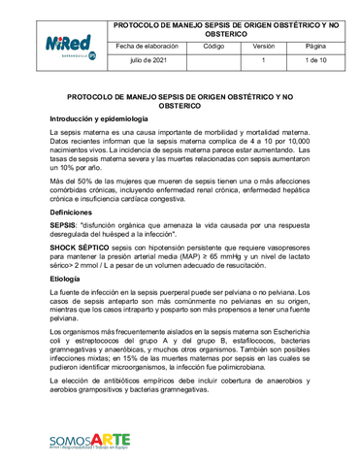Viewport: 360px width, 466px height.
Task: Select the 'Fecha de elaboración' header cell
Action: [x=148, y=46]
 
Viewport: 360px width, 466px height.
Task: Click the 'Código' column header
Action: [x=214, y=46]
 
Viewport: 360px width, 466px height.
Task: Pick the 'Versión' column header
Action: [x=263, y=46]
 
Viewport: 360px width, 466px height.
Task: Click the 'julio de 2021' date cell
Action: [x=148, y=60]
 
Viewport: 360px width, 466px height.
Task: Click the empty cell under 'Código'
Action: [x=214, y=60]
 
